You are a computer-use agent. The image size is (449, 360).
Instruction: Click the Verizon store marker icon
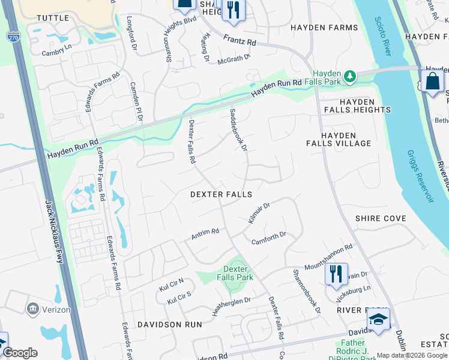pyautogui.click(x=33, y=310)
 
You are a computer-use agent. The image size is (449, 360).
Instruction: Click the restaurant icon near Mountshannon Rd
pyautogui.click(x=336, y=274)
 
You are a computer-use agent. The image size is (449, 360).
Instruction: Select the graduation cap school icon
pyautogui.click(x=378, y=320)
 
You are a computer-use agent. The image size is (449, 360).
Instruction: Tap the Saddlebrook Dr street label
pyautogui.click(x=238, y=130)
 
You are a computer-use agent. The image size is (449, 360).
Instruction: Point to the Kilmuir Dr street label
pyautogui.click(x=259, y=214)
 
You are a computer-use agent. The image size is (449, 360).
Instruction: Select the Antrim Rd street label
pyautogui.click(x=205, y=233)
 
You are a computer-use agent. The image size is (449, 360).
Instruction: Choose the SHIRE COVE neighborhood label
pyautogui.click(x=381, y=218)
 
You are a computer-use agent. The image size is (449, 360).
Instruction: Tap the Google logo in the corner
pyautogui.click(x=20, y=353)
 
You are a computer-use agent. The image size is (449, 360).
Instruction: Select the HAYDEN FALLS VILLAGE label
pyautogui.click(x=346, y=139)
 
